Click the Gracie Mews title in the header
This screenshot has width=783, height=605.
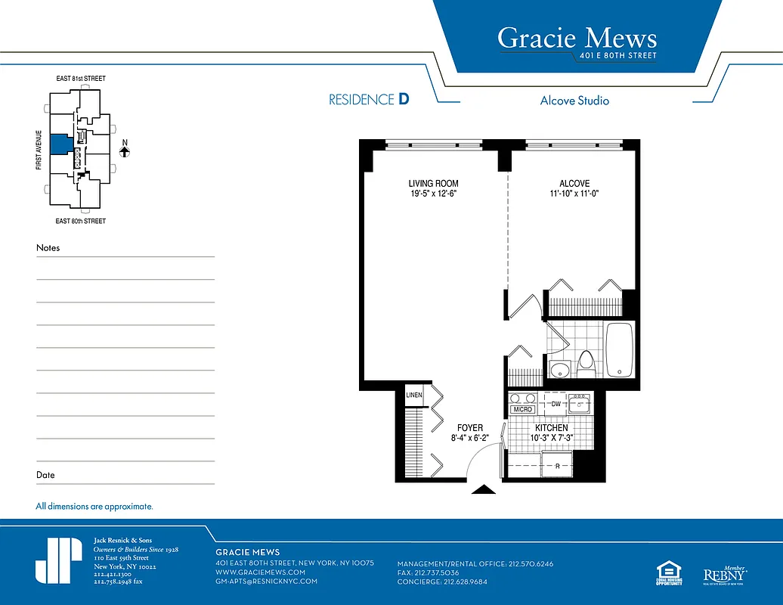coord(577,38)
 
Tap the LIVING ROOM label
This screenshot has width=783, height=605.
coord(433,184)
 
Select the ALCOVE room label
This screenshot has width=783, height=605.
coord(574,184)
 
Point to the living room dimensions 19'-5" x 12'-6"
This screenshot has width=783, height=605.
coord(433,194)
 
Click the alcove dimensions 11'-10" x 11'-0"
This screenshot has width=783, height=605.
coord(574,194)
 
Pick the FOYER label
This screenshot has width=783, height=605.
coord(469,428)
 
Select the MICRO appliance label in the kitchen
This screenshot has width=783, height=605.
coord(523,409)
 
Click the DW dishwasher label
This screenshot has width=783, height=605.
coord(556,405)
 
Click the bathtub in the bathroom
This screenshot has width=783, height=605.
coord(621,349)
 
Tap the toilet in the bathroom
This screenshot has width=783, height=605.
coord(586,364)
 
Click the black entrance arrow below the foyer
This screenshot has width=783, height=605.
coord(484,489)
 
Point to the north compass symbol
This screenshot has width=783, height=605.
coord(125,150)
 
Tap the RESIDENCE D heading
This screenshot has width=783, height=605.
coord(369,100)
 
